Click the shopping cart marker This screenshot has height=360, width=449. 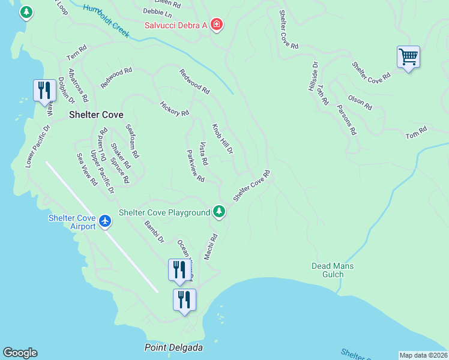408,58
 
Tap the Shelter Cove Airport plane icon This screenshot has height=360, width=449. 106,221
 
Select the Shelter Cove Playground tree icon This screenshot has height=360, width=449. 219,212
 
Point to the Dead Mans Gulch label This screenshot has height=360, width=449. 333,270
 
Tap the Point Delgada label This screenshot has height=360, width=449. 173,348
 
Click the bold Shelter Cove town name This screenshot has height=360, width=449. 96,115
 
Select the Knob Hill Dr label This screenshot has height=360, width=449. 222,139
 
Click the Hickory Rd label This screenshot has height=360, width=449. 175,108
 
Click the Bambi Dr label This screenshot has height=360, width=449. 154,232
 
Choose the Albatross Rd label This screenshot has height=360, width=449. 79,85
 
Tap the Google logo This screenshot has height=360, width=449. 20,353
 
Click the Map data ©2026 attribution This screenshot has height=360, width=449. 423,355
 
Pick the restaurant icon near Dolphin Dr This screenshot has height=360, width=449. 44,90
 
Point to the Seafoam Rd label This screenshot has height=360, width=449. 132,142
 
